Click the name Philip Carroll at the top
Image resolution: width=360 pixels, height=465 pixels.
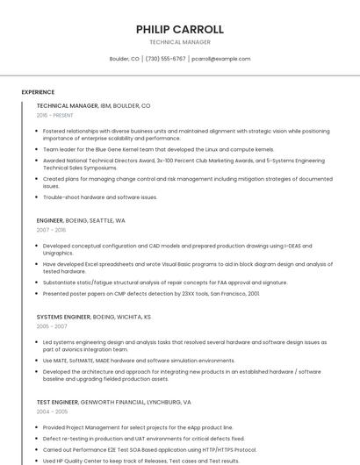179,29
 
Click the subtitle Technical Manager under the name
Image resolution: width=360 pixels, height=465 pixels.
179,42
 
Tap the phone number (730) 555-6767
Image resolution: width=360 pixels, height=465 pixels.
165,59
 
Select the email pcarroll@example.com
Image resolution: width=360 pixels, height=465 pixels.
221,59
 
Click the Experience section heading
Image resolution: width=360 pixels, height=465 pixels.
38,92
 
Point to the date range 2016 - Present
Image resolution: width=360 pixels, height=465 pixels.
54,115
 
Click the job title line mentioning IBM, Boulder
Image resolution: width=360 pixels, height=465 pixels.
93,105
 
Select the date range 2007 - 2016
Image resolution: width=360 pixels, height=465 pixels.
51,230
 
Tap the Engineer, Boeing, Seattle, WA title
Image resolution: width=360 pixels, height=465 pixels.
81,220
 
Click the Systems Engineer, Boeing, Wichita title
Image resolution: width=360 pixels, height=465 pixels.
94,316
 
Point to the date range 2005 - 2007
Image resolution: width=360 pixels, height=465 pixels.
51,325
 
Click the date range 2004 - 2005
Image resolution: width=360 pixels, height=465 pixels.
51,411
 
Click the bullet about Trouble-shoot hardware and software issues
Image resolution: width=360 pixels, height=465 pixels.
100,197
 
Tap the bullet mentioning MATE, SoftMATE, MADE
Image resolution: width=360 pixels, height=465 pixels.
139,361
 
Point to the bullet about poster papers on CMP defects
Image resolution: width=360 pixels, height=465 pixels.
151,294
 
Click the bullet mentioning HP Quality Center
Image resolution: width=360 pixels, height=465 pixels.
140,461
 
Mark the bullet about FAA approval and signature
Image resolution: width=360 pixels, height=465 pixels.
165,283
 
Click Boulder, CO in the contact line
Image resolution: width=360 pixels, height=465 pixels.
124,59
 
